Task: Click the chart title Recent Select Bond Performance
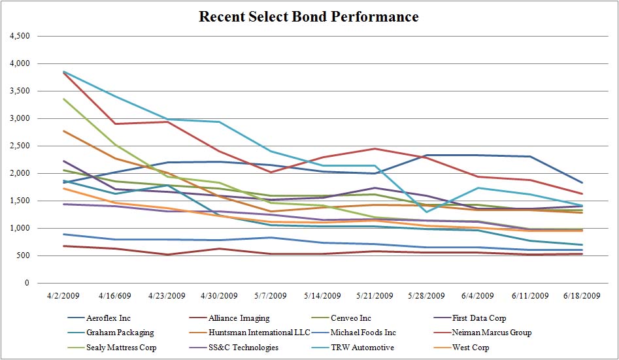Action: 309,16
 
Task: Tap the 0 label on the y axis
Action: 27,283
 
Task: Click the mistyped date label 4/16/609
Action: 114,295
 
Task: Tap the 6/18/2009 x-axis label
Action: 582,295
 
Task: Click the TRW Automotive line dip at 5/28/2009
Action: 426,212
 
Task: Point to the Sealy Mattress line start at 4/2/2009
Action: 63,99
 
